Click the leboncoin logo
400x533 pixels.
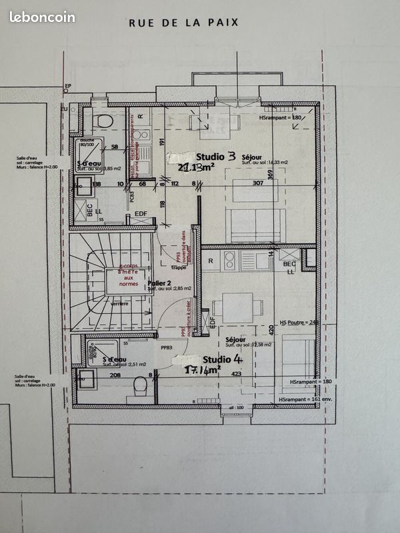(42, 18)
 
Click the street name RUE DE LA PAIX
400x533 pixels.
(183, 22)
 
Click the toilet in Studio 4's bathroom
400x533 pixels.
(140, 384)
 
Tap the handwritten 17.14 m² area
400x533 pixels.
(202, 370)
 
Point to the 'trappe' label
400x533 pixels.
(179, 267)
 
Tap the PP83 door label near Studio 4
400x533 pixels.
(167, 347)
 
